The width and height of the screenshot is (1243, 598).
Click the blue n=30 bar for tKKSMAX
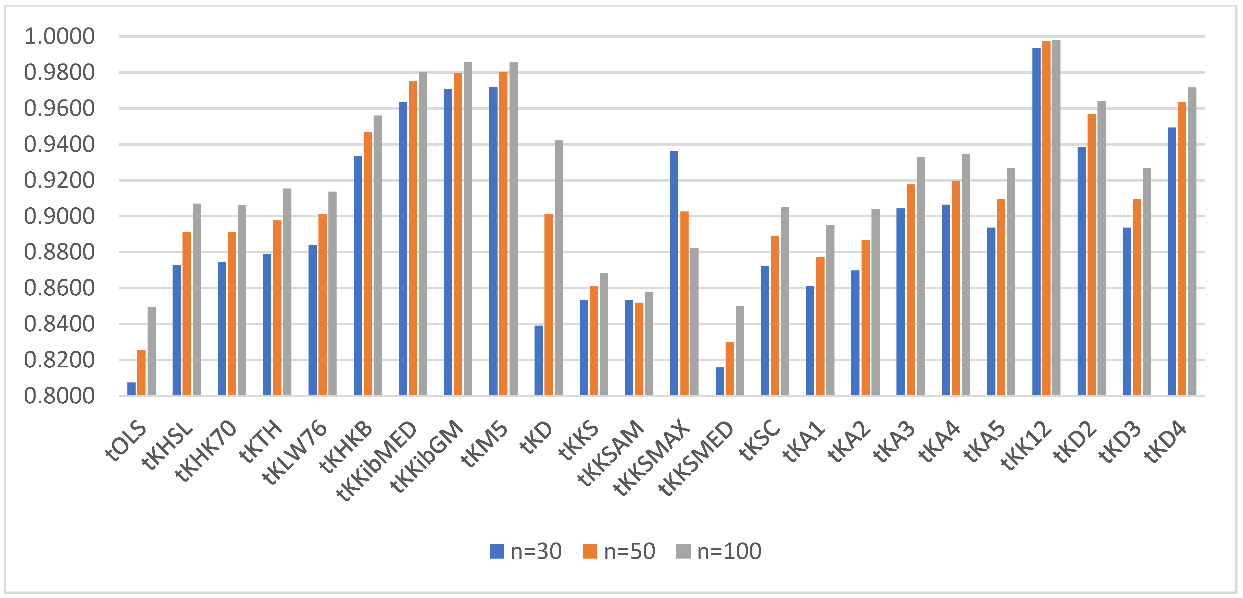[674, 273]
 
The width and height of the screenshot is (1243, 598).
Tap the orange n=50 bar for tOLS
[141, 373]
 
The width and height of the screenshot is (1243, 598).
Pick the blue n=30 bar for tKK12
[1037, 222]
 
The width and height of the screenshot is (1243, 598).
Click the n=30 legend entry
[526, 551]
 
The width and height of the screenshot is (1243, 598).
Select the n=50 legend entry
[619, 551]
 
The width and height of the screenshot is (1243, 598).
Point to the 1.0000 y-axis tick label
[59, 37]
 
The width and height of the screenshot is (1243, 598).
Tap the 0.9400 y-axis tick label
[59, 144]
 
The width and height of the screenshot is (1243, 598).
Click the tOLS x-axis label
[126, 440]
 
